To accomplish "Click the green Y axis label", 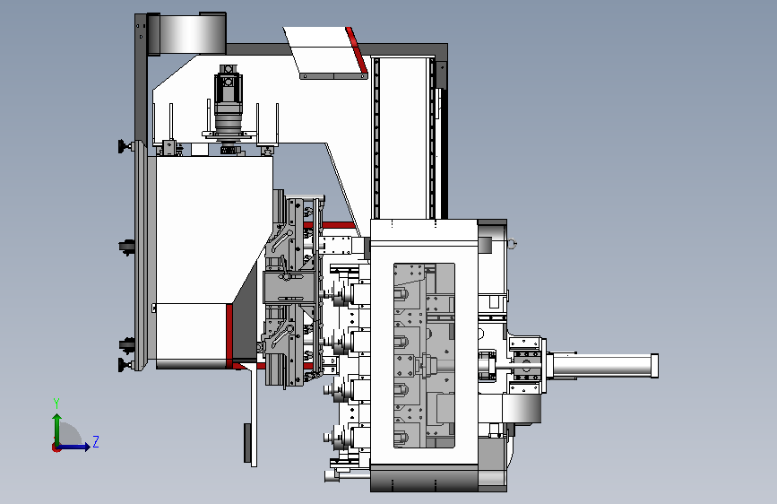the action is coord(56,404).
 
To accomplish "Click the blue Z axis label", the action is coord(96,441).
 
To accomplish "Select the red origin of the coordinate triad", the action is coord(56,448).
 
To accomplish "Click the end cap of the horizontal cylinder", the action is coord(654,367).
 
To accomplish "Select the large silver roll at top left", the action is coord(187,34).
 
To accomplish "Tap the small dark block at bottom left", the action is coord(247,442).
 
